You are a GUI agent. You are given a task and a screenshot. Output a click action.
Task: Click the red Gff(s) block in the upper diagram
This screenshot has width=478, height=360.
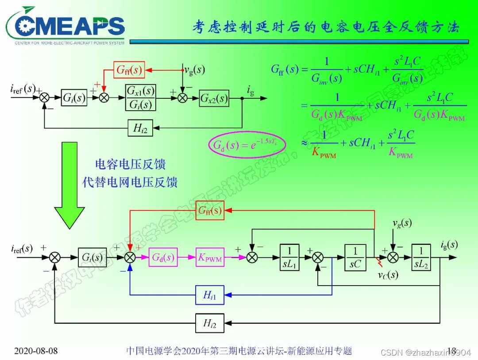(x=129, y=70)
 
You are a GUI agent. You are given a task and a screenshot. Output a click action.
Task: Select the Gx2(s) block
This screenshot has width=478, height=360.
(x=214, y=98)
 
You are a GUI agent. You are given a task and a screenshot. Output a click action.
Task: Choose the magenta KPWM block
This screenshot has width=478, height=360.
(x=209, y=257)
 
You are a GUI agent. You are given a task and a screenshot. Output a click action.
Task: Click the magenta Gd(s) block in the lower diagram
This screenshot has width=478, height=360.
(x=163, y=257)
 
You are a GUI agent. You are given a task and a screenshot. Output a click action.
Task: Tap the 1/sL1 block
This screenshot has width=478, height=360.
(x=289, y=257)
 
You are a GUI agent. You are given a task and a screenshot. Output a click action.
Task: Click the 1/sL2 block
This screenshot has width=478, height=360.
(x=421, y=257)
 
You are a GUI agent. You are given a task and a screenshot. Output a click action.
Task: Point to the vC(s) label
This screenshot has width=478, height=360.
(x=388, y=275)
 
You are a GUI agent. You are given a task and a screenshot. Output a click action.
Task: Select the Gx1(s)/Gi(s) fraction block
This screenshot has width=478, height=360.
(x=141, y=97)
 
